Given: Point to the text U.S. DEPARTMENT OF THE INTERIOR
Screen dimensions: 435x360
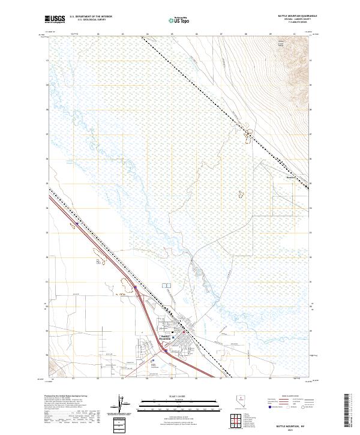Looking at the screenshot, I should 91,17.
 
